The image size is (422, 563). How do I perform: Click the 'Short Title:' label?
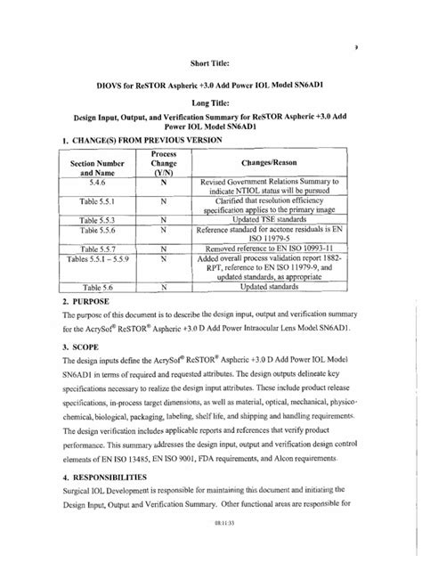[211, 63]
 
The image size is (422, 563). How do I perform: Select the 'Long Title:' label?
[211, 103]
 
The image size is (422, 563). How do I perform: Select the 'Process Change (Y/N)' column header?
[164, 166]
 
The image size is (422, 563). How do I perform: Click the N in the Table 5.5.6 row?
[164, 229]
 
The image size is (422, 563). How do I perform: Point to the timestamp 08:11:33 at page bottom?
[211, 550]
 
